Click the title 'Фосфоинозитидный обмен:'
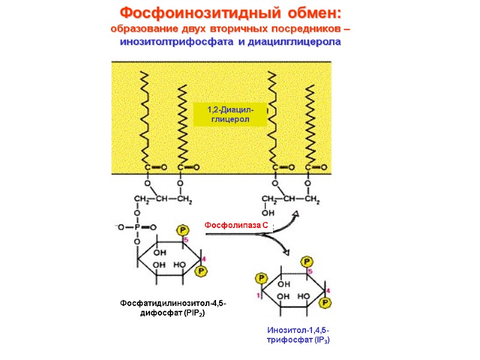click(x=230, y=13)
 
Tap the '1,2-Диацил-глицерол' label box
click(x=230, y=114)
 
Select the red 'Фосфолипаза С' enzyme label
click(x=236, y=224)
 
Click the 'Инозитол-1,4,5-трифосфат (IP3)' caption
click(x=298, y=335)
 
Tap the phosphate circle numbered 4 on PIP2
click(x=202, y=271)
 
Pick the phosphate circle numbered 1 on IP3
click(x=261, y=278)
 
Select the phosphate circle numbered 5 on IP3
click(x=307, y=262)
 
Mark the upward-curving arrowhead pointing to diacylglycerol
click(x=295, y=214)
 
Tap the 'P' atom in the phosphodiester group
click(x=137, y=227)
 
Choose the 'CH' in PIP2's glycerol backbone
click(x=162, y=199)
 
